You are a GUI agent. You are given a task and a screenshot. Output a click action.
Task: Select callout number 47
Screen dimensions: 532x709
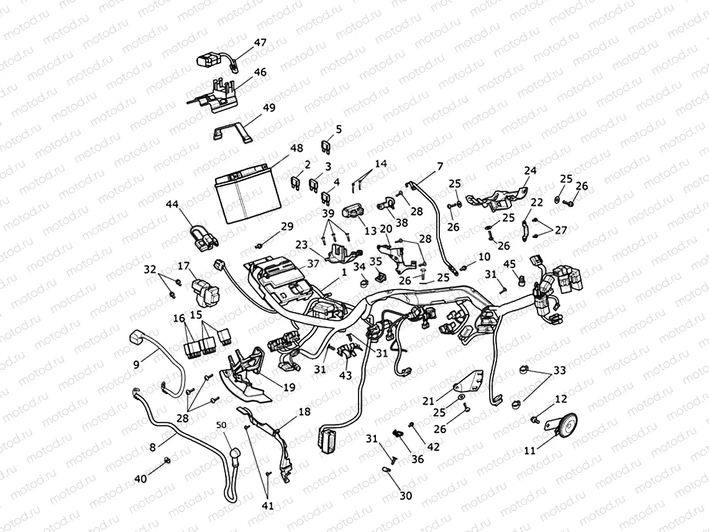click(260, 43)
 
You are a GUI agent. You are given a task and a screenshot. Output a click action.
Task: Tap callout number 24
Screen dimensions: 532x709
click(529, 170)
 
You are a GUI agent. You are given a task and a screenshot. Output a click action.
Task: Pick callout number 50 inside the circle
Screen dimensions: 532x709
click(222, 424)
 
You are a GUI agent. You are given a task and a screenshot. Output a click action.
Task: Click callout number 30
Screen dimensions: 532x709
click(405, 495)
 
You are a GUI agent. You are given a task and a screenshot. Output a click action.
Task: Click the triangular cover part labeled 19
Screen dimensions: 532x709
click(245, 379)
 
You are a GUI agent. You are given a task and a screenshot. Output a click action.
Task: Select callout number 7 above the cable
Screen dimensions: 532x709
click(440, 166)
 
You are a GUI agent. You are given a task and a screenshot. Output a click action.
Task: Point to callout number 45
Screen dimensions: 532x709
click(509, 264)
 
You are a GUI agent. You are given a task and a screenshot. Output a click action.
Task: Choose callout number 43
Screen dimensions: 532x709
click(345, 376)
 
